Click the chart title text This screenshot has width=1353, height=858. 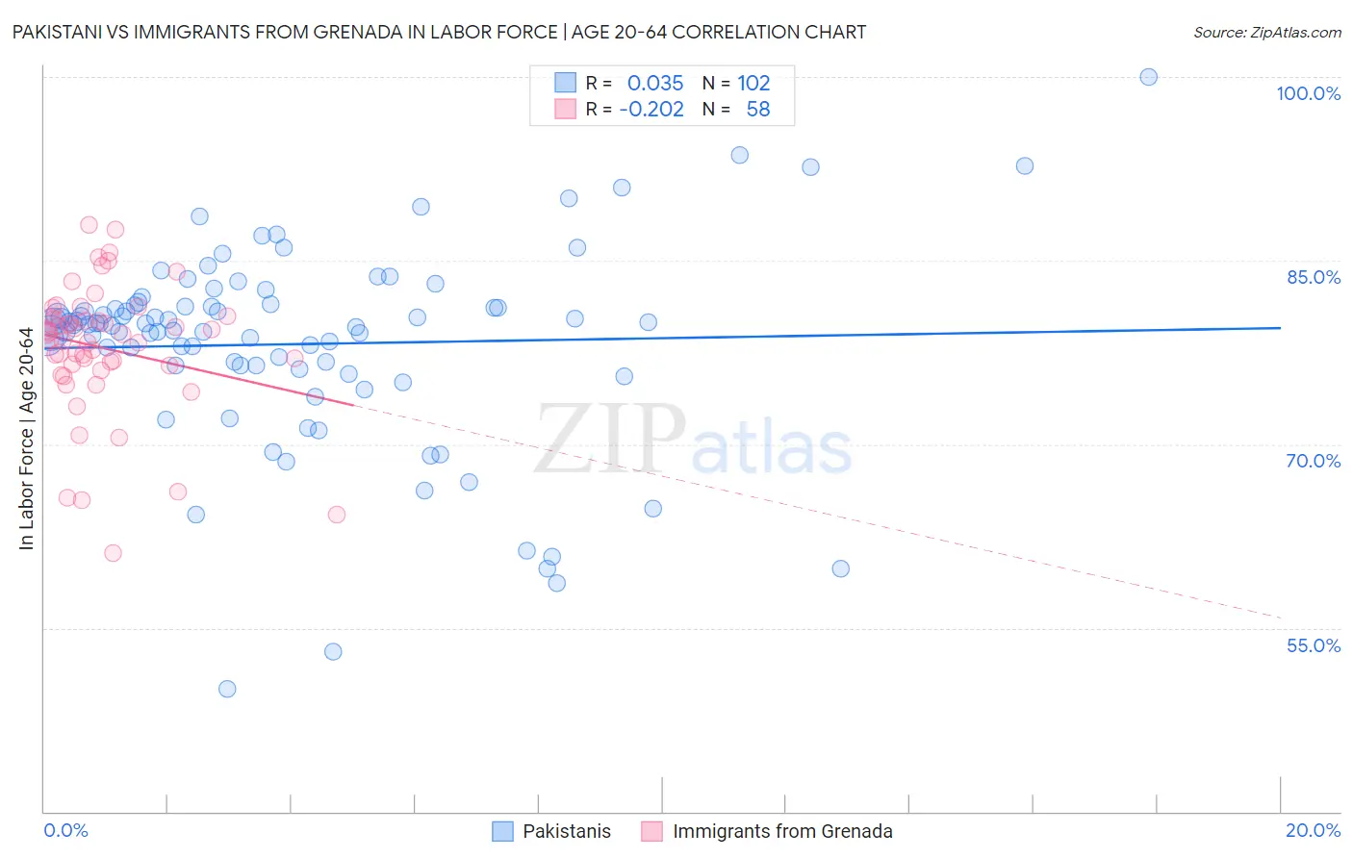coord(439,32)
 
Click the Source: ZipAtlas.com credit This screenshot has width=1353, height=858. coord(1266,32)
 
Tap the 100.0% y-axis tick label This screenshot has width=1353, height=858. coord(1308,93)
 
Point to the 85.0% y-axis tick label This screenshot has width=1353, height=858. coord(1313,277)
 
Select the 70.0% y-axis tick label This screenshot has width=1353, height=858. coord(1313,461)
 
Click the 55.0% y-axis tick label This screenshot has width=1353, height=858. coord(1313,645)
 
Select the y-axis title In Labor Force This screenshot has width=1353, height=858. coord(26,440)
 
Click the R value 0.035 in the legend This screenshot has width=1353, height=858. coord(654,83)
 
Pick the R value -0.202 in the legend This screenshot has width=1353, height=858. coord(651,110)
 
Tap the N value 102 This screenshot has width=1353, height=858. coord(753,83)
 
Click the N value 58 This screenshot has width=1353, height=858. coord(757,110)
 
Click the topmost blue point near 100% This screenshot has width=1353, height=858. coord(1148,77)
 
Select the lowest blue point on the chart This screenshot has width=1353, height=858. coord(227,689)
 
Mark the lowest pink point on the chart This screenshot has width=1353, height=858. coord(113,553)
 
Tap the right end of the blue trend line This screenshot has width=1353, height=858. coord(1280,328)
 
